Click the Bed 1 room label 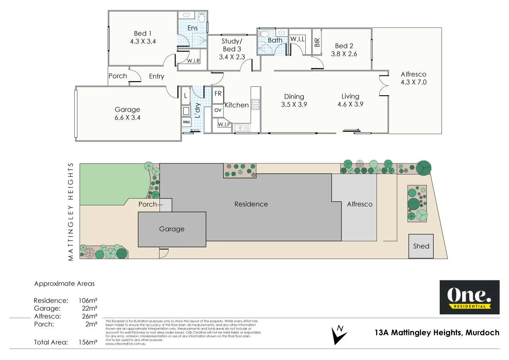point(143,34)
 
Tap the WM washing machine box point(186,122)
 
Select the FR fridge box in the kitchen point(218,94)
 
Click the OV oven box point(218,110)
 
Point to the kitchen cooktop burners point(255,105)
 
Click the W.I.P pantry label point(224,124)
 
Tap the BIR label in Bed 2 point(317,42)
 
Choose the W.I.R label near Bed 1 point(193,61)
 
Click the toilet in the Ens point(202,18)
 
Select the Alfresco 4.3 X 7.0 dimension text point(413,82)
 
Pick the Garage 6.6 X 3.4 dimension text point(128,118)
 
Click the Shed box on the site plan point(421,246)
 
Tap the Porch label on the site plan point(148,204)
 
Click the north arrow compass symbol point(339,334)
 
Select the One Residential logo point(469,297)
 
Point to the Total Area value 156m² point(88,342)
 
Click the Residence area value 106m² point(88,301)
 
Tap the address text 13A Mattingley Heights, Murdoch point(437,333)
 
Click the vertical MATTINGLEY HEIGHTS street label point(70,212)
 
